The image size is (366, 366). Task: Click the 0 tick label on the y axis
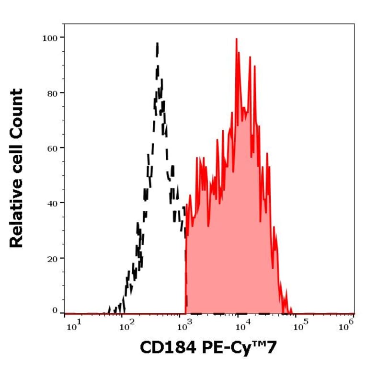pyautogui.click(x=56, y=310)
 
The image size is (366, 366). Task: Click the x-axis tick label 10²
pyautogui.click(x=127, y=326)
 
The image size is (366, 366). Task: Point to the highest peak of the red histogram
pyautogui.click(x=236, y=40)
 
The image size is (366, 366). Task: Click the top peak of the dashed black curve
pyautogui.click(x=157, y=44)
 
